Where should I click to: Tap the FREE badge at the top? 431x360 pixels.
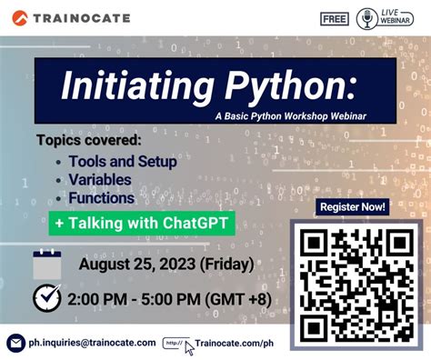[x=336, y=18]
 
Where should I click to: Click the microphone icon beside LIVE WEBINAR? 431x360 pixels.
[x=366, y=18]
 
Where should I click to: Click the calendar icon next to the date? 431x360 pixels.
[x=46, y=264]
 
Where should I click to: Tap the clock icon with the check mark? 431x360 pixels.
[x=46, y=298]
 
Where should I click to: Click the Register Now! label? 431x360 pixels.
[x=351, y=207]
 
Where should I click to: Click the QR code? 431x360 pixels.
[x=352, y=284]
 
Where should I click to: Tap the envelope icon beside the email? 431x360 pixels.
[x=15, y=343]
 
